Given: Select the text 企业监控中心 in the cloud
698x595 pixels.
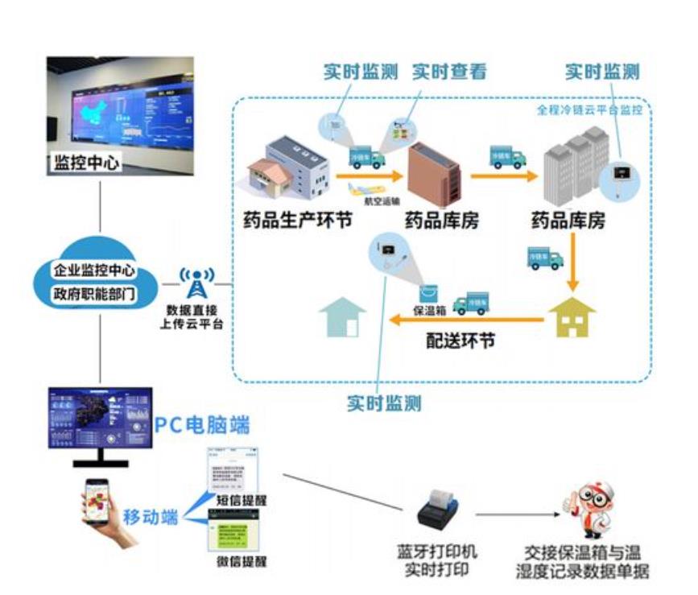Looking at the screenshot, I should (94, 270).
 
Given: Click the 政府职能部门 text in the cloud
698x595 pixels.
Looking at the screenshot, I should (94, 292).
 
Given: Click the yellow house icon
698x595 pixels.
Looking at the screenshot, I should (572, 319).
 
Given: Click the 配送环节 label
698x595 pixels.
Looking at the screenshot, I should (461, 341).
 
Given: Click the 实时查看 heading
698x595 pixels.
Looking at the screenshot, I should (449, 71).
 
